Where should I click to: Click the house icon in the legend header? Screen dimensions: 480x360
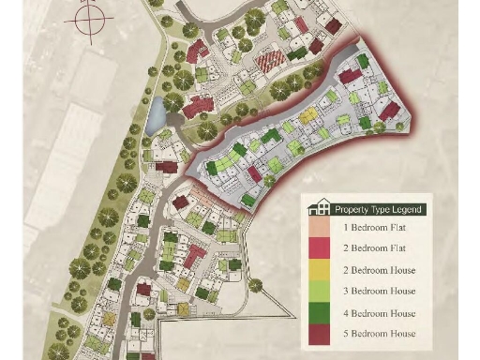[x=322, y=208]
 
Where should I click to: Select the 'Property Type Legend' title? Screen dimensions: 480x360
[x=378, y=209]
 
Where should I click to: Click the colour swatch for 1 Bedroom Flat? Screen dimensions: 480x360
[x=322, y=226]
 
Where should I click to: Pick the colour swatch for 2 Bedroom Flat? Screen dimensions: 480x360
[x=322, y=247]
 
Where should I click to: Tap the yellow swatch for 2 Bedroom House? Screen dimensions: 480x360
[x=322, y=270]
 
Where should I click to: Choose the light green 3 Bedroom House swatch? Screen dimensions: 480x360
[x=322, y=292]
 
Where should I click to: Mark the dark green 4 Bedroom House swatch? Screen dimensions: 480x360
[x=322, y=313]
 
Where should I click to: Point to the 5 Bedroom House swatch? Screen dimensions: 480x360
[x=322, y=334]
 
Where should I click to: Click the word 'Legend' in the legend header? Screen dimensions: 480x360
[x=407, y=209]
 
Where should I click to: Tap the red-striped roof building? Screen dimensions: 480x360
[x=269, y=63]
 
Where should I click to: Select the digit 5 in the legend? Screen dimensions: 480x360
[x=347, y=334]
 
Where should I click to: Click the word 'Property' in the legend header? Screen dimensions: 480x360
[x=351, y=209]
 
